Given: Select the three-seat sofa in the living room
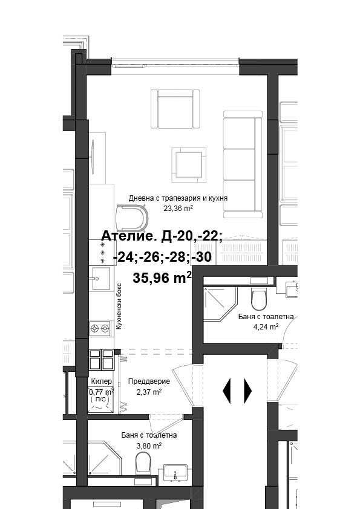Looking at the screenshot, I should [243, 164].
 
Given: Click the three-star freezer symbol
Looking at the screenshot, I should [102, 252].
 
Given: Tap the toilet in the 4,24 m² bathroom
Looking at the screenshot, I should [259, 298].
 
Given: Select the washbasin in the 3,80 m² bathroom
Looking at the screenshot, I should [175, 473].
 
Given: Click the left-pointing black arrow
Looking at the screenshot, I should [227, 391].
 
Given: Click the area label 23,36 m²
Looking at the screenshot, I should [178, 208].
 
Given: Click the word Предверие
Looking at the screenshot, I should [149, 381].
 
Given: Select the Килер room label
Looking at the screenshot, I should [100, 381].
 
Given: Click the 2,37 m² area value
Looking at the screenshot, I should [148, 392].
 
